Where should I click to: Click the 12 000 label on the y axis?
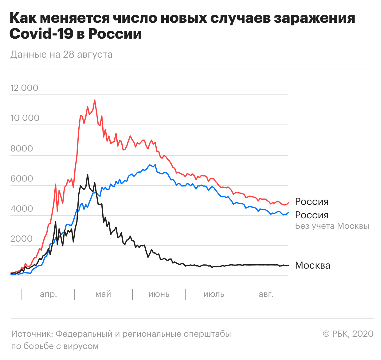[x=24, y=88]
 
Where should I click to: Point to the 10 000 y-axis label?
[x=25, y=118]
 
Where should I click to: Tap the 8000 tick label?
[x=22, y=148]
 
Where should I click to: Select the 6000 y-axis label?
[x=22, y=178]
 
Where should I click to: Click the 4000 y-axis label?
[x=22, y=209]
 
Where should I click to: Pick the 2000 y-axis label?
[x=22, y=239]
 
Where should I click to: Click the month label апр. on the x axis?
[x=49, y=294]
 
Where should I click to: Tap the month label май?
[x=103, y=294]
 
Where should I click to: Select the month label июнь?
[x=159, y=294]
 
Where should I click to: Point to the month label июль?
[x=214, y=294]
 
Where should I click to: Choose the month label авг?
[x=266, y=294]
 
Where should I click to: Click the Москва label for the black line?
[x=312, y=265]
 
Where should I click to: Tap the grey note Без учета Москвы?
[x=332, y=226]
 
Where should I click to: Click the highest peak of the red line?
[x=95, y=100]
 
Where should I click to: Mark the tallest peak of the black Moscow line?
[x=88, y=174]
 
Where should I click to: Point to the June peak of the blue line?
[x=150, y=165]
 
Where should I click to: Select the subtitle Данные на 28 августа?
[x=61, y=54]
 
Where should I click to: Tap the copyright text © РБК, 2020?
[x=348, y=334]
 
